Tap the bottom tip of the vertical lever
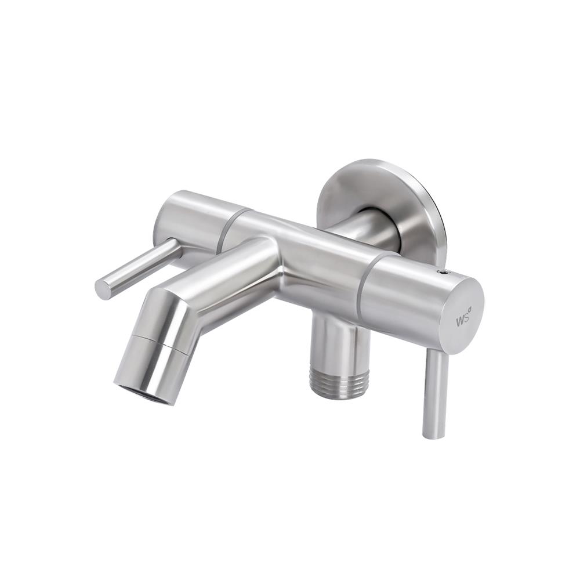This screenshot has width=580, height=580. tap(432, 437)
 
